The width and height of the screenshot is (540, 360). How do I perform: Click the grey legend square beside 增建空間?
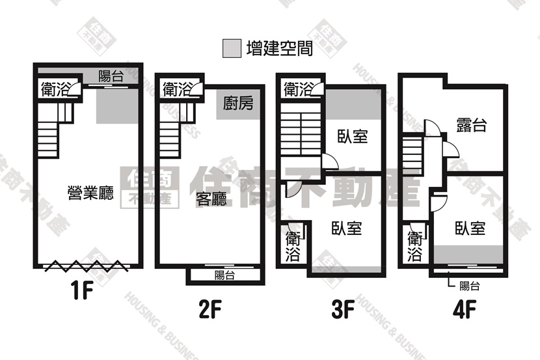232,48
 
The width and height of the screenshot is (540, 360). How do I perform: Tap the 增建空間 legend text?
280,48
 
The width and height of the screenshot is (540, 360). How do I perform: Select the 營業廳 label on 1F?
90,193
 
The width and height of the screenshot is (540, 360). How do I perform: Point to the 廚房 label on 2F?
238,103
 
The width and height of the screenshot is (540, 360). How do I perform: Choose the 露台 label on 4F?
472,125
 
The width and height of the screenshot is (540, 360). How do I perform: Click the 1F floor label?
83,290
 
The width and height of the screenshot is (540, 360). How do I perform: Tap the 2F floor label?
209,309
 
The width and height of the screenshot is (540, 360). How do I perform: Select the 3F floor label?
343,309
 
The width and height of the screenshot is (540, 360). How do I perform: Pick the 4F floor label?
465,309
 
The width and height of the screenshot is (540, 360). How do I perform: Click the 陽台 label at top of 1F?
111,76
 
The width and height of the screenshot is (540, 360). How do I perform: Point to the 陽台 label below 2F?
224,275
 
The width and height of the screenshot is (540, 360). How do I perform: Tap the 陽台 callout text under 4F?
470,286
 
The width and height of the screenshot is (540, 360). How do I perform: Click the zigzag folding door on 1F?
87,266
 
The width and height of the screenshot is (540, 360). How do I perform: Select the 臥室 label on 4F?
470,228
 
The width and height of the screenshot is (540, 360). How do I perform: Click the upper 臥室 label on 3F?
353,136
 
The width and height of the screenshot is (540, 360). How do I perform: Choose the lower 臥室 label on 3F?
347,228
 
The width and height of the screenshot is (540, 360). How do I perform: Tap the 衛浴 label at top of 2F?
176,89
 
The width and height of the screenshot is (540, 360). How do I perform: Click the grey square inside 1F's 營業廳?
116,106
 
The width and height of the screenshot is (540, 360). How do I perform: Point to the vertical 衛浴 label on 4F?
414,246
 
